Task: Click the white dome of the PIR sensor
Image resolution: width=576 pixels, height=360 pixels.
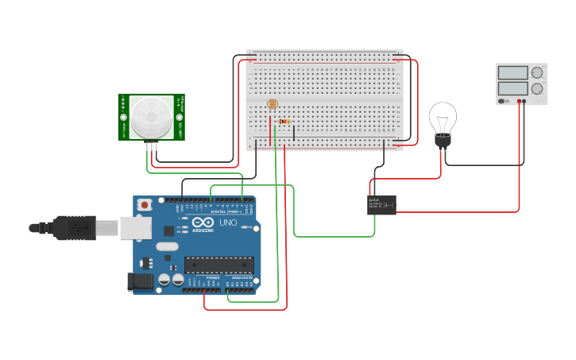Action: coord(149,117)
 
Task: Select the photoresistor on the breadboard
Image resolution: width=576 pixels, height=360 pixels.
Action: coord(273,104)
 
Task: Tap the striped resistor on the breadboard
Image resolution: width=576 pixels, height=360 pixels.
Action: coord(284,122)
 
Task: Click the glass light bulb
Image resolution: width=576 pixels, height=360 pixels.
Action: coord(442,118)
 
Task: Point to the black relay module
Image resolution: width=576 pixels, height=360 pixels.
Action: coord(381,205)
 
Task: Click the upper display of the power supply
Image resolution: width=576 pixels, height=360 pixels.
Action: coord(513,72)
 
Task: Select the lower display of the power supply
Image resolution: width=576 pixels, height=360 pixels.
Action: coord(513,89)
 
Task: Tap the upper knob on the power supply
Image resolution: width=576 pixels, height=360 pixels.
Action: coord(537,72)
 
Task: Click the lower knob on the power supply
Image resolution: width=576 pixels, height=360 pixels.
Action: coord(537,89)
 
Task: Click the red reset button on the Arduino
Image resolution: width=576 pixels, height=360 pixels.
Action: coord(145,204)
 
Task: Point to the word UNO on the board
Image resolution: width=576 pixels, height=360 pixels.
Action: coord(228,223)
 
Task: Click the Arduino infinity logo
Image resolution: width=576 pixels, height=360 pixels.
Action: coord(202,223)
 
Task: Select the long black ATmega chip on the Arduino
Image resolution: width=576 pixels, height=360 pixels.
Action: coord(218,265)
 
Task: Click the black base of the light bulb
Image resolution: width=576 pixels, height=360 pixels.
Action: coord(442,141)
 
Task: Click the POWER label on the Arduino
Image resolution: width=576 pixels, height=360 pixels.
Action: coord(213,277)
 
